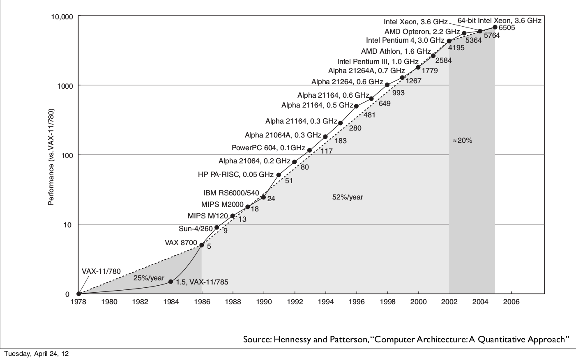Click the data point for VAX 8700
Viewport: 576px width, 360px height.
[202, 245]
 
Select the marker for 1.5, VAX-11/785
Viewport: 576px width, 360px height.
[171, 282]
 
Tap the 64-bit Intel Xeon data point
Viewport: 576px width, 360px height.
[495, 27]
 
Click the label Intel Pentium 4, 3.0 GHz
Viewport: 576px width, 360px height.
[405, 40]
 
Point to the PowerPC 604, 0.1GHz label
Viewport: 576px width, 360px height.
[268, 148]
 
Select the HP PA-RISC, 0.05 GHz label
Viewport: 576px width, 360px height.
[235, 174]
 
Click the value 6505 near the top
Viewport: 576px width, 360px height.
[507, 28]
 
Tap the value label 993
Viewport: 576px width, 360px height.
[398, 93]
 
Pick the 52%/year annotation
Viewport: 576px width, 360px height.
[348, 197]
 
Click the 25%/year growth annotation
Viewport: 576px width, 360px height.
[149, 278]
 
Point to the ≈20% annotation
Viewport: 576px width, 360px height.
[463, 140]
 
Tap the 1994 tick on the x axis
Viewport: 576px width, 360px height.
[326, 302]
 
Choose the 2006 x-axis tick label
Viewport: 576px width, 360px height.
[511, 302]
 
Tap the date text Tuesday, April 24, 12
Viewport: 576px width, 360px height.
[37, 354]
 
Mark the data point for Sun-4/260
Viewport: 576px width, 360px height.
[217, 227]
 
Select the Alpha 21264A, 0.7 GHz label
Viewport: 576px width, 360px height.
[366, 71]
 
